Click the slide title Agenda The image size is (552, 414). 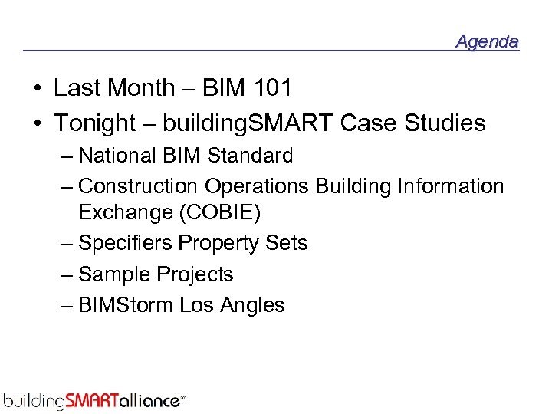(487, 41)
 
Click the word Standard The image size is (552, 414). (250, 156)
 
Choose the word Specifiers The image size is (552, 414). (126, 244)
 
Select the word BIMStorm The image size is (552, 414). (127, 305)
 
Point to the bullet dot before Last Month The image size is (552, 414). (38, 89)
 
